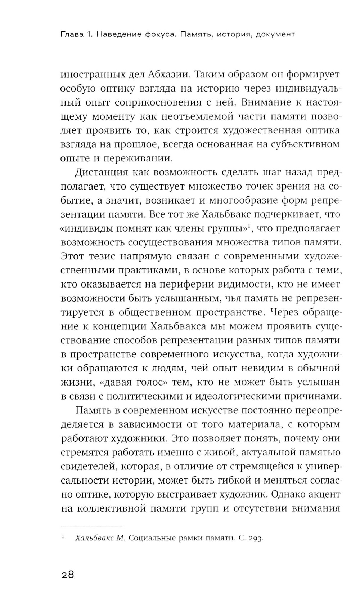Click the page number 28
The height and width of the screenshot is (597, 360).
pos(67,574)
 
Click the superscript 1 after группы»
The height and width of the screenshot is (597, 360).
pos(249,226)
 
